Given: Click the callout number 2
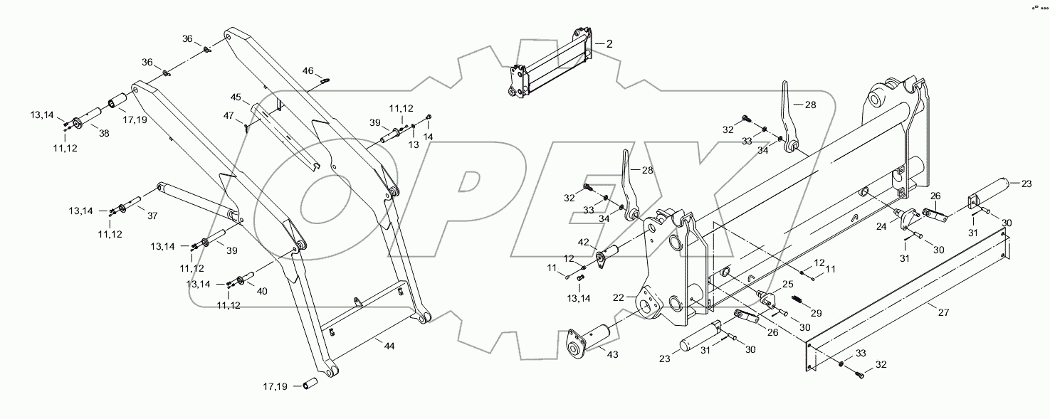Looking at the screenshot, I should [x=609, y=43].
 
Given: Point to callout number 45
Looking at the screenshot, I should [x=236, y=97].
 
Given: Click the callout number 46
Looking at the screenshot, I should [x=308, y=70].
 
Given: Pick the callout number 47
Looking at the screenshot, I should [x=229, y=115].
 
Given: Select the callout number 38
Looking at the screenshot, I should [x=104, y=133].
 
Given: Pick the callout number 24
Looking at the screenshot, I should [x=881, y=227].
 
